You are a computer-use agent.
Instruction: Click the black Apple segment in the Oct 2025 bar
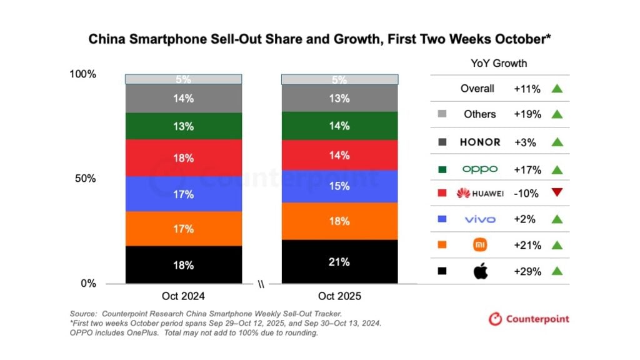tap(339, 262)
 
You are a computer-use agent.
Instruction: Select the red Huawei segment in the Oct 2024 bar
tap(183, 157)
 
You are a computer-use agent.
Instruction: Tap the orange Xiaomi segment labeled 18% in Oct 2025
tap(339, 221)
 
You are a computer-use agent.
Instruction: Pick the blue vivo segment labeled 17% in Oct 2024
tap(183, 194)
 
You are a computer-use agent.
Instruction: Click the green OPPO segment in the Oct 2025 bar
tap(339, 126)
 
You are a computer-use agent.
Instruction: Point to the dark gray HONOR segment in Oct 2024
tap(183, 98)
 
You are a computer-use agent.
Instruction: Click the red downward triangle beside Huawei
tap(557, 193)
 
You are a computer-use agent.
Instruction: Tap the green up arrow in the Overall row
tap(557, 89)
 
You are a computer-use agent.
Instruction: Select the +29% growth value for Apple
tap(526, 271)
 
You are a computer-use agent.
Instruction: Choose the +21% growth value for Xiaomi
tap(526, 245)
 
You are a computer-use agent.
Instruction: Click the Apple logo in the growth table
tap(480, 271)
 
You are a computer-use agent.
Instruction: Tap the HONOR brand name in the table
tap(480, 142)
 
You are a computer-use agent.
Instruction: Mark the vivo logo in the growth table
tap(480, 219)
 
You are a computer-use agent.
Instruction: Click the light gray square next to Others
tap(442, 114)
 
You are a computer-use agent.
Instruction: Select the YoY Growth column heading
tap(498, 63)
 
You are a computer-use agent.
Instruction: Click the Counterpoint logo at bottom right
tap(529, 319)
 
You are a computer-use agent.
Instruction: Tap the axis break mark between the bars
tap(261, 284)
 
